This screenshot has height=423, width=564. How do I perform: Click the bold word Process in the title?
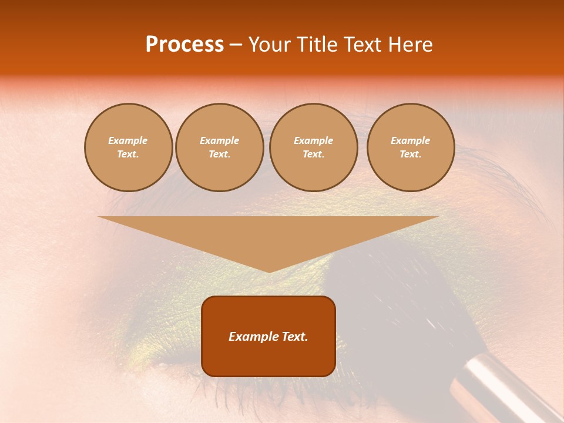click(x=184, y=45)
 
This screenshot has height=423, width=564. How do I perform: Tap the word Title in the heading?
click(x=316, y=45)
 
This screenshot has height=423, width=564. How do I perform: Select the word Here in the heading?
click(x=409, y=45)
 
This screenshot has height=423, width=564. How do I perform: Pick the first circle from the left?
click(x=128, y=147)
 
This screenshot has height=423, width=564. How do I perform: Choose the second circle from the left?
click(x=220, y=147)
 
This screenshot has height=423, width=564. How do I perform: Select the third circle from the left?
click(x=314, y=147)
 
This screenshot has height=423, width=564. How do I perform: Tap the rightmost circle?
click(x=411, y=147)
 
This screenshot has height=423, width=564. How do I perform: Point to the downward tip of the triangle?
click(x=269, y=271)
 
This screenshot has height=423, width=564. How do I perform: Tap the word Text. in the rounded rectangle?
click(x=295, y=337)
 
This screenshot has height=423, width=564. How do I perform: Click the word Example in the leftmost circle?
click(x=128, y=140)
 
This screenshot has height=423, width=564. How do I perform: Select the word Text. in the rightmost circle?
click(x=411, y=155)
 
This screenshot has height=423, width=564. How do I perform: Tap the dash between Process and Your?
click(x=236, y=45)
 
